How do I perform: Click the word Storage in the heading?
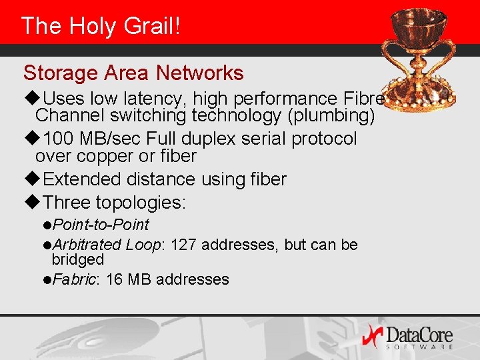coord(56,73)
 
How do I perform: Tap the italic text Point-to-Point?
coord(101,225)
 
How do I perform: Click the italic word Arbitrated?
coord(87,245)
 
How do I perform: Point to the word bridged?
coord(78,259)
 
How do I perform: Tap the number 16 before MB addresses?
coord(114,279)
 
